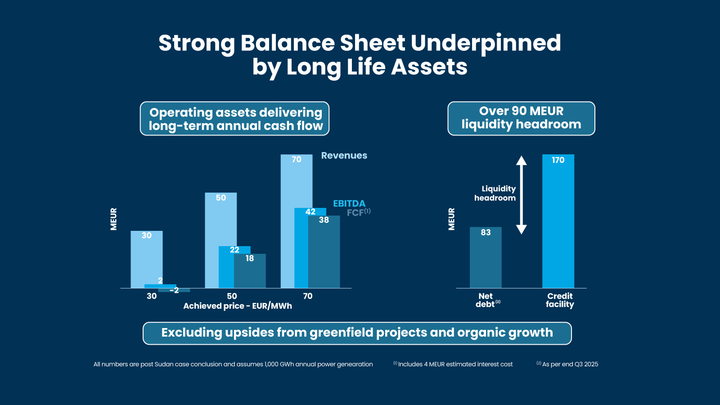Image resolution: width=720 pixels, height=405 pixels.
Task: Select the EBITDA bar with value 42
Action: click(301, 247)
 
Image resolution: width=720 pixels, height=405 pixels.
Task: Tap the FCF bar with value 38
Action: click(324, 252)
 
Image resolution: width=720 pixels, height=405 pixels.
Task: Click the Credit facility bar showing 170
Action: click(558, 220)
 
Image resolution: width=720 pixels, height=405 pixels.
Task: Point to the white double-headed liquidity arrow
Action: click(521, 195)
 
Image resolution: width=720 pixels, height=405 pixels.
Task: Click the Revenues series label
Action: click(344, 156)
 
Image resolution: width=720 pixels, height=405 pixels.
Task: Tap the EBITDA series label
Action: click(349, 203)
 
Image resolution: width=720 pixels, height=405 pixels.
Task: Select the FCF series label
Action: click(355, 213)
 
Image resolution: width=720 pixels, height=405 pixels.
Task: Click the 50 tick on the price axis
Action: click(232, 296)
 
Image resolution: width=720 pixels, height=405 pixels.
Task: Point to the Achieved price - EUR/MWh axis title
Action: click(238, 306)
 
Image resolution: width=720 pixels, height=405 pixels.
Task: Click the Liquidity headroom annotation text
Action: click(495, 193)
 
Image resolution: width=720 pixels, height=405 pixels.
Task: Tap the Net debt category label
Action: click(486, 300)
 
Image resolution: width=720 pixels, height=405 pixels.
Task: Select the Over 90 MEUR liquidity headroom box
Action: click(521, 118)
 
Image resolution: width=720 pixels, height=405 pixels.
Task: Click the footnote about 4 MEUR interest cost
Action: click(454, 364)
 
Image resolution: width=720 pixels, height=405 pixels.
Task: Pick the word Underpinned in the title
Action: click(486, 43)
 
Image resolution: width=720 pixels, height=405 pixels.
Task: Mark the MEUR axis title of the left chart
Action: click(114, 219)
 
